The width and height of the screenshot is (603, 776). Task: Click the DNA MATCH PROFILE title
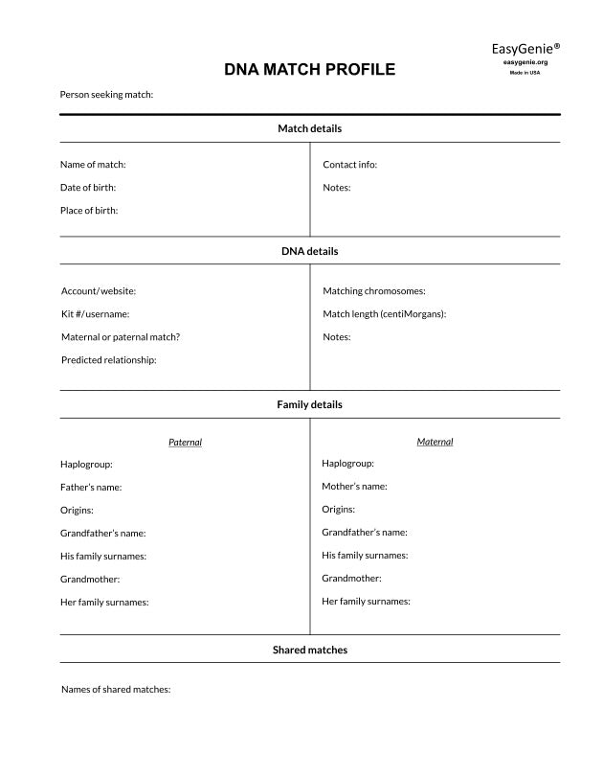309,70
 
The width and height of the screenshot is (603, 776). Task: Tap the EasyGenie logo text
525,48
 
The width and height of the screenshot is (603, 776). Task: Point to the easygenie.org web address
525,62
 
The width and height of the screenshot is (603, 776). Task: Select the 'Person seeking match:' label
106,95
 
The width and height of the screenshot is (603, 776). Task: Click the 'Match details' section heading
309,128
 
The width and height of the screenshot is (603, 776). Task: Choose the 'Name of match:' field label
93,165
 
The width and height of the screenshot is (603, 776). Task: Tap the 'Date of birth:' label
88,188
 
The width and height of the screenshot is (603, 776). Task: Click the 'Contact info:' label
350,165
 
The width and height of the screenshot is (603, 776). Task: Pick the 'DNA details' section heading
309,252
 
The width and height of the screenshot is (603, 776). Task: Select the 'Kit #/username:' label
95,314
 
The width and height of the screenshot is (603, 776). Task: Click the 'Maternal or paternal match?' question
121,337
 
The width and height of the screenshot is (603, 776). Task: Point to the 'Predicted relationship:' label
109,360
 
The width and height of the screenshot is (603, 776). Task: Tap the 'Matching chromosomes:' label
374,291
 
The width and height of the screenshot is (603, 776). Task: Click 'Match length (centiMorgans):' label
385,314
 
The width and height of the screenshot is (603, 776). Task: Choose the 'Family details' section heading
309,405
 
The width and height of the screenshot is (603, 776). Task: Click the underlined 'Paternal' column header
185,443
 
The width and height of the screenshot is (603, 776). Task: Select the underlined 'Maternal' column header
435,442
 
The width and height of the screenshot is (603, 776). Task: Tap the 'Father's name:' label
91,488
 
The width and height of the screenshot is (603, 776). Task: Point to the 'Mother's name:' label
354,487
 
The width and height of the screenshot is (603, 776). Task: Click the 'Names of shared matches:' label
116,690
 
